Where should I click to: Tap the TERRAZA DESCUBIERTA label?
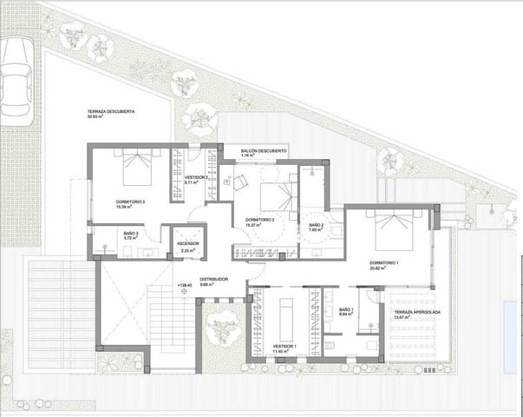coord(109,114)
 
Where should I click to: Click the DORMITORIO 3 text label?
coord(130,202)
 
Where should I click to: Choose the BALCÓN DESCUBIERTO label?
coord(263,149)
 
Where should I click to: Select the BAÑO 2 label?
coord(317,226)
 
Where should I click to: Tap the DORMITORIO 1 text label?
coord(382,262)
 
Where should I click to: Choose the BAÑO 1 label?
coord(346,309)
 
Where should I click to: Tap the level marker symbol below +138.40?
coord(184,292)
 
